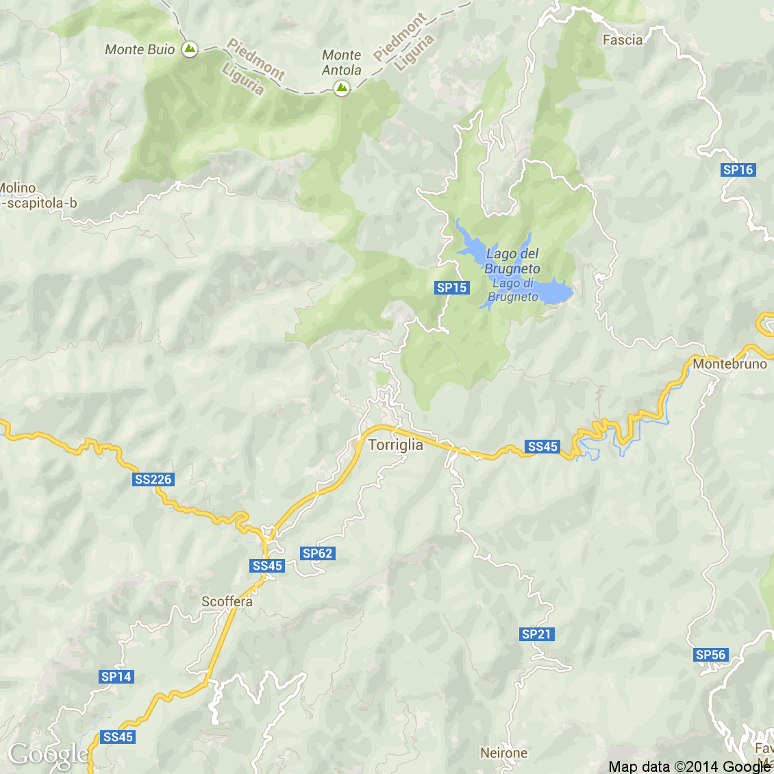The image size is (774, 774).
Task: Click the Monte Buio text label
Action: click(x=140, y=49)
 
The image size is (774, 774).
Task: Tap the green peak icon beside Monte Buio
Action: click(x=190, y=49)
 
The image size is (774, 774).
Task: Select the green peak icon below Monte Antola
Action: click(x=341, y=88)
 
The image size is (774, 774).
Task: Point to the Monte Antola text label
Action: click(x=341, y=62)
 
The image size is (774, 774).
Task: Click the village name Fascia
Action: click(x=623, y=40)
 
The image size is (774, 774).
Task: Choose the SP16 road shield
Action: click(x=738, y=170)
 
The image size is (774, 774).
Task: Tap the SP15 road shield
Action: click(x=452, y=288)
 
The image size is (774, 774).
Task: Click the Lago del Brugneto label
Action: click(x=512, y=261)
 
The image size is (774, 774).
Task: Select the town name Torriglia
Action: click(x=395, y=445)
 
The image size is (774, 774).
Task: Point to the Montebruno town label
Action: click(x=729, y=364)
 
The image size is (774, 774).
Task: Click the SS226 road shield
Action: click(x=153, y=479)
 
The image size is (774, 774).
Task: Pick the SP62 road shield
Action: click(x=317, y=553)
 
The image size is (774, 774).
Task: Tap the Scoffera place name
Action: click(x=227, y=601)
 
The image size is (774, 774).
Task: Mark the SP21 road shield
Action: click(x=536, y=634)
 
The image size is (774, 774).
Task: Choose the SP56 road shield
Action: click(x=710, y=655)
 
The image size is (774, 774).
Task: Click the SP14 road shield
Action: click(x=116, y=677)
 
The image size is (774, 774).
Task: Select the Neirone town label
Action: click(x=503, y=753)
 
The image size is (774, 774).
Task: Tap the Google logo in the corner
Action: click(x=48, y=754)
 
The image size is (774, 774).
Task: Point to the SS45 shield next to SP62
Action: click(x=267, y=566)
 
